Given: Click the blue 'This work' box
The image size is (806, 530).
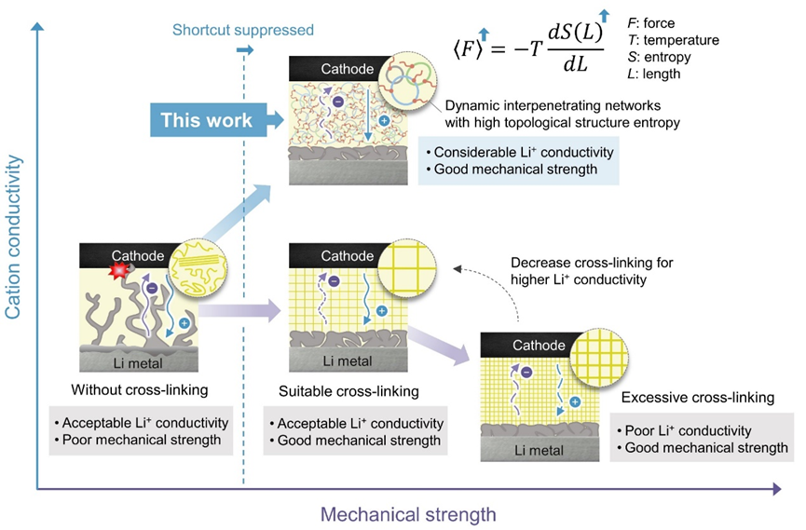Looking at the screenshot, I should coord(206,120).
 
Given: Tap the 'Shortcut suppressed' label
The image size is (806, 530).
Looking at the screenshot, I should coord(243,31).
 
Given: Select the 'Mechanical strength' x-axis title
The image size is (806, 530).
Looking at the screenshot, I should coord(408,513).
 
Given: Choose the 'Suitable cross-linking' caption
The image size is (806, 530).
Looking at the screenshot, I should coord(348,391).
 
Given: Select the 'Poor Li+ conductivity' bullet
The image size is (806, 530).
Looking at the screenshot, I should coord(684,430).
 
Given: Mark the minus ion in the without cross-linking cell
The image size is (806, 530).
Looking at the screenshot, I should coord(151,288).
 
